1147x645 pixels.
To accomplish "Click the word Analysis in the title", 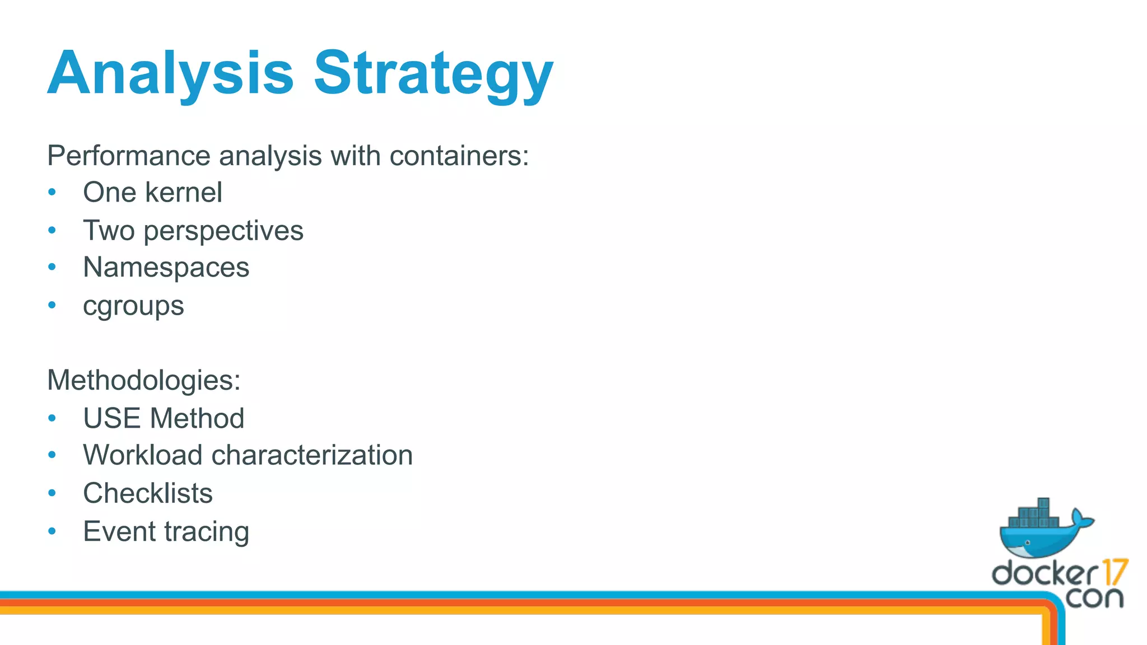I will [x=170, y=74].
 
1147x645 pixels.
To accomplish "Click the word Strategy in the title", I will [x=433, y=74].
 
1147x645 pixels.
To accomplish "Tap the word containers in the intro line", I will [x=459, y=156].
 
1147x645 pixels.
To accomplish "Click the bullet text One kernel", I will [x=152, y=193].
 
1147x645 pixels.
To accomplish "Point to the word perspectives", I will [x=223, y=231].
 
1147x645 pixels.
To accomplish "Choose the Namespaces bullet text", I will [x=166, y=268].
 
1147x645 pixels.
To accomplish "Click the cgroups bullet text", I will [x=133, y=306].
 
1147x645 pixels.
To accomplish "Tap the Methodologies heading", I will [x=144, y=380].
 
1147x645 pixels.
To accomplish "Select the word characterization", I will [x=312, y=455].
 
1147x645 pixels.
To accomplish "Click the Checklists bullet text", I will [x=148, y=493].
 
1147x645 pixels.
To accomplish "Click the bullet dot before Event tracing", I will [x=52, y=531].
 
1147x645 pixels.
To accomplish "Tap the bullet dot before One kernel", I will [x=52, y=192].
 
